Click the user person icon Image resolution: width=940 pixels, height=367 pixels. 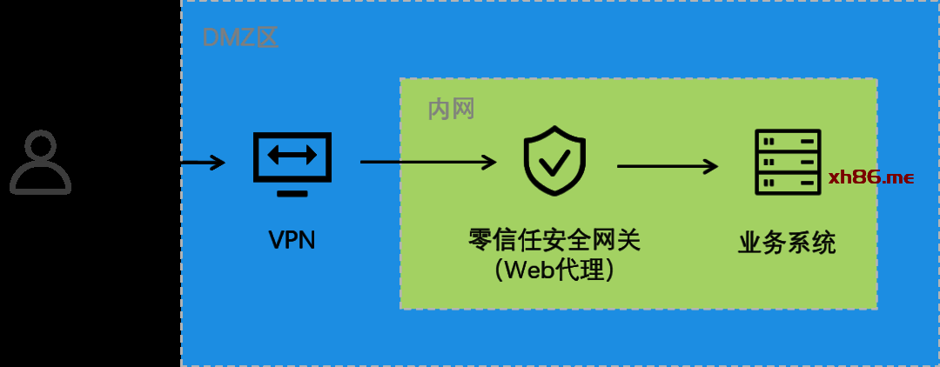pos(40,163)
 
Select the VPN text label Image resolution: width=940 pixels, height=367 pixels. pos(292,239)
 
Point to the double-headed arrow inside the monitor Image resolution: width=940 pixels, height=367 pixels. pos(292,156)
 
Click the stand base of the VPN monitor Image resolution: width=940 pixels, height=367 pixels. pos(292,192)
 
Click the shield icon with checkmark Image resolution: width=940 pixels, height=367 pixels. pos(554,161)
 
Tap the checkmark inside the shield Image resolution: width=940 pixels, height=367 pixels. pos(554,163)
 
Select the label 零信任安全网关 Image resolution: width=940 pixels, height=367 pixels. pos(554,239)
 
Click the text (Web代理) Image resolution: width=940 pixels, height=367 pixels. pos(554,270)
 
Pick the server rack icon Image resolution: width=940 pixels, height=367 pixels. pos(788,163)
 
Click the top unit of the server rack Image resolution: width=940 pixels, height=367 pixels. pos(788,141)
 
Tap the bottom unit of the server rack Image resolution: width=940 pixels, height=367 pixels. pos(788,183)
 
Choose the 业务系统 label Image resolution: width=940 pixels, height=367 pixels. pos(787,243)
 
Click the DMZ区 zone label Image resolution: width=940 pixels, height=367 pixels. pos(240,37)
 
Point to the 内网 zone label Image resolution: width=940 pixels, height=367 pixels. pos(451,110)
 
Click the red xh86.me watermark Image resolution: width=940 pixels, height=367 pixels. pos(870,177)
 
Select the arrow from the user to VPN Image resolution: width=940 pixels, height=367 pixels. pos(203,162)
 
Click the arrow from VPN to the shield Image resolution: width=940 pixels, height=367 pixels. pos(427,162)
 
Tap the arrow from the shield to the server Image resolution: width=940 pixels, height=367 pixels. pos(668,165)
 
